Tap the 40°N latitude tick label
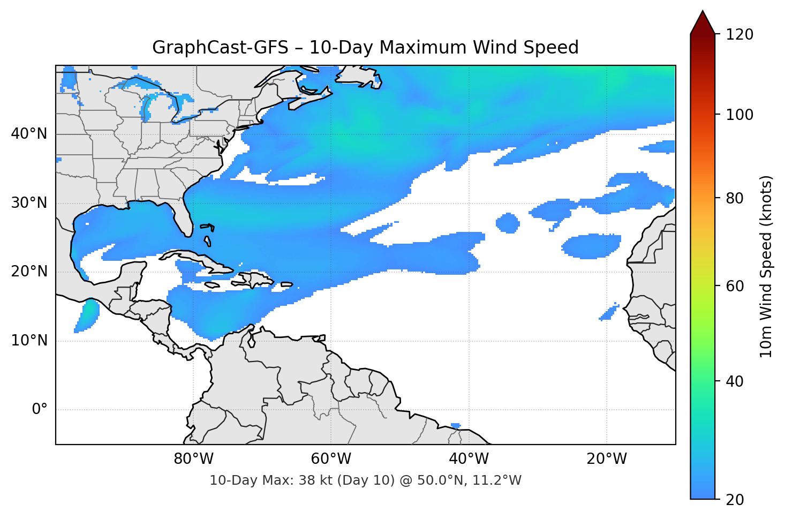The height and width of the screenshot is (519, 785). tap(29, 134)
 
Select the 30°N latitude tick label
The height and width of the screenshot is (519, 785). tap(29, 203)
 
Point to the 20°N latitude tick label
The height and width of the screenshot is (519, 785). tap(29, 272)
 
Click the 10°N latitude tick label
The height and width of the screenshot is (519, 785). tap(29, 341)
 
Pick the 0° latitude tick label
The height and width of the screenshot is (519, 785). tap(40, 410)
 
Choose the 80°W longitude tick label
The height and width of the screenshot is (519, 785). tap(193, 459)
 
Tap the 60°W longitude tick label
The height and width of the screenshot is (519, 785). tap(331, 459)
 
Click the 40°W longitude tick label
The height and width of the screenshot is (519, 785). tap(469, 459)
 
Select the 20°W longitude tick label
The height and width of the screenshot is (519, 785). tap(606, 459)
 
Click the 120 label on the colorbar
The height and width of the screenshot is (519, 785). tap(739, 35)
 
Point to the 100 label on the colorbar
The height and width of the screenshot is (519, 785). tap(739, 115)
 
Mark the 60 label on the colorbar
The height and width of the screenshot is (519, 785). tap(735, 286)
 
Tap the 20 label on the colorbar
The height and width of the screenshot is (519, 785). tap(735, 500)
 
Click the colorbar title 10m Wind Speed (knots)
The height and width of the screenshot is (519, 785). tap(766, 266)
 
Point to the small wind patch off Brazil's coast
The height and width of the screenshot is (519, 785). tap(456, 426)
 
